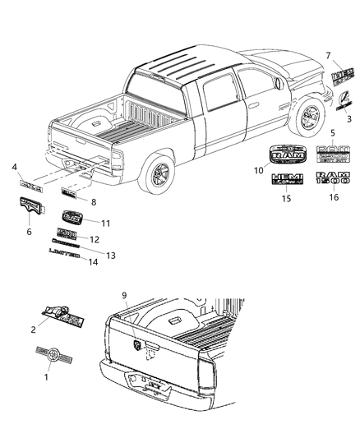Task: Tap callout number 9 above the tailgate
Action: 123,294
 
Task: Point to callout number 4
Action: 13,169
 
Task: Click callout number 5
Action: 332,132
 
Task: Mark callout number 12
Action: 94,240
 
